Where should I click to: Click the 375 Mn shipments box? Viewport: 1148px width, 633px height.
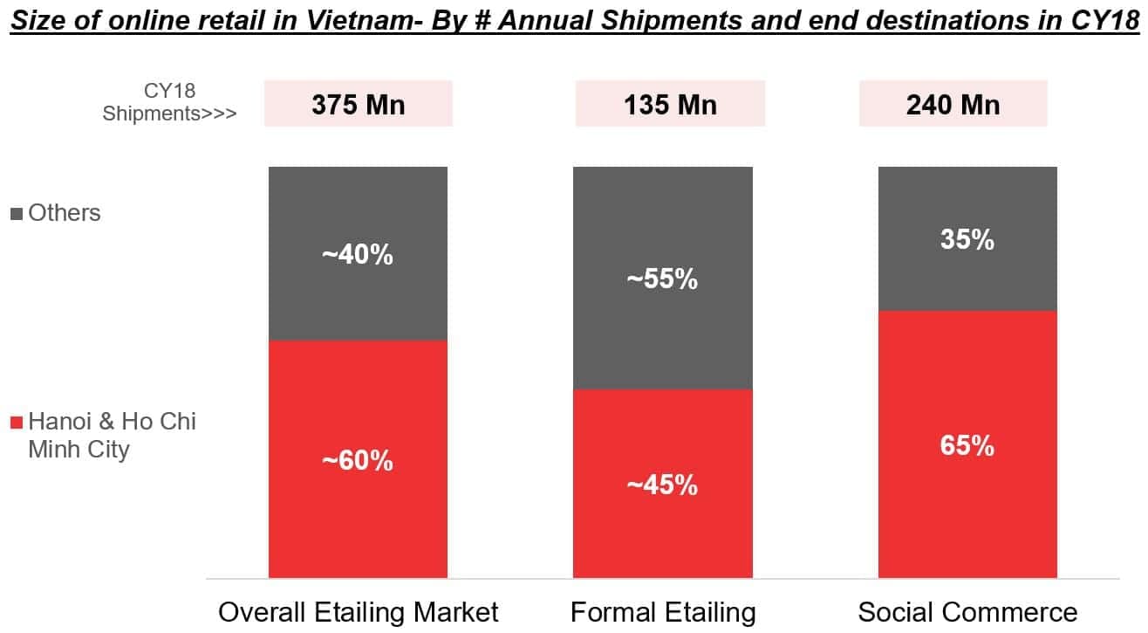pyautogui.click(x=359, y=104)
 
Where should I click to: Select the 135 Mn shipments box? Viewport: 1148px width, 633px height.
pyautogui.click(x=670, y=104)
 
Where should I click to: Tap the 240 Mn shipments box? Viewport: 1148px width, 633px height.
pyautogui.click(x=953, y=104)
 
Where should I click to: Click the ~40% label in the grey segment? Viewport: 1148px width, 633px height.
pyautogui.click(x=359, y=256)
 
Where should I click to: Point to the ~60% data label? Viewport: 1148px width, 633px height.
pyautogui.click(x=359, y=459)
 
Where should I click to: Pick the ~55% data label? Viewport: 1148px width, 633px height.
pyautogui.click(x=662, y=279)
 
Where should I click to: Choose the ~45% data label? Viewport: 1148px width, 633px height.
pyautogui.click(x=662, y=485)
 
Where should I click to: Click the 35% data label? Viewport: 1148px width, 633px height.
pyautogui.click(x=967, y=239)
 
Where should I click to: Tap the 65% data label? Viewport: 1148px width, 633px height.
pyautogui.click(x=967, y=446)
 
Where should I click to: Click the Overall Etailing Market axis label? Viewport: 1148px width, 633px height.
pyautogui.click(x=359, y=612)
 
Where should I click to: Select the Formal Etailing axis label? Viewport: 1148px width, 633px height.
pyautogui.click(x=663, y=612)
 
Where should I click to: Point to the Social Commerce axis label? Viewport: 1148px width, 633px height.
pyautogui.click(x=967, y=612)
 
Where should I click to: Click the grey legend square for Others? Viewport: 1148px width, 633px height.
pyautogui.click(x=17, y=214)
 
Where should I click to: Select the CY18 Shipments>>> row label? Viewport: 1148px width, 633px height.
pyautogui.click(x=169, y=102)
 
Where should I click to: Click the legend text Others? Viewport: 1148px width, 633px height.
pyautogui.click(x=65, y=213)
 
